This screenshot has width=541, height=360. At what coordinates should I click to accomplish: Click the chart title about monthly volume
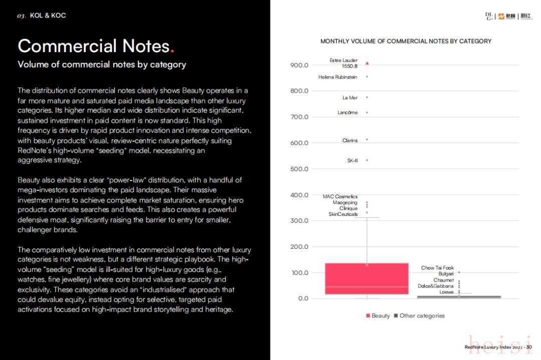(x=406, y=41)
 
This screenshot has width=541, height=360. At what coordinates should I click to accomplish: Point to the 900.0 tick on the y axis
(x=299, y=65)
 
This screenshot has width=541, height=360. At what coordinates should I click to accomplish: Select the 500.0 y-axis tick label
(x=299, y=169)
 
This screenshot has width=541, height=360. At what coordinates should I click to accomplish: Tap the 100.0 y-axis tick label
(x=299, y=273)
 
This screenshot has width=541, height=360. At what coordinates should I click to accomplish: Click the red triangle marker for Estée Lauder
(x=367, y=63)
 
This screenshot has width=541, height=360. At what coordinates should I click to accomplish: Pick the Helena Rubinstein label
(x=338, y=77)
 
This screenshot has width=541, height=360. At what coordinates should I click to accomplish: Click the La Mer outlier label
(x=350, y=98)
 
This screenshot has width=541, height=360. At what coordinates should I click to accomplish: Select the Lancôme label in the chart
(x=347, y=113)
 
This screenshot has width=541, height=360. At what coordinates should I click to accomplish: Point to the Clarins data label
(x=350, y=140)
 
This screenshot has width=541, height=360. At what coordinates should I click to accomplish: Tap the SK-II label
(x=352, y=161)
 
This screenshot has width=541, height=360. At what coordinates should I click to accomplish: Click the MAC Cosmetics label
(x=340, y=197)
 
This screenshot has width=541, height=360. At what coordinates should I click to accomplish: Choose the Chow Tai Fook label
(x=437, y=268)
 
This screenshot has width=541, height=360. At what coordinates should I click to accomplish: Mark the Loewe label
(x=446, y=292)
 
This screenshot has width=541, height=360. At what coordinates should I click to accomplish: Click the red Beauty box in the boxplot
(x=367, y=278)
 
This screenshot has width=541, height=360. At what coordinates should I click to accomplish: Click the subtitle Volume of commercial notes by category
(x=102, y=64)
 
